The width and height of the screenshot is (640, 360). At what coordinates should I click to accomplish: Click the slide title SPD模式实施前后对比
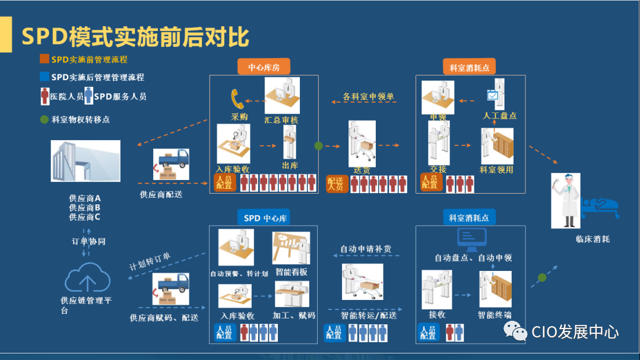(135, 37)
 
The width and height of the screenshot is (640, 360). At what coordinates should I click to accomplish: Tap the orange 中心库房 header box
(263, 67)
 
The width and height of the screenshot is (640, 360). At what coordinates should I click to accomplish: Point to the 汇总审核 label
(281, 119)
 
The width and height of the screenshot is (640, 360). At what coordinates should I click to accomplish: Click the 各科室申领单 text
(369, 96)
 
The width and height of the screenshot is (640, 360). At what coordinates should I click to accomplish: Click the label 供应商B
(84, 208)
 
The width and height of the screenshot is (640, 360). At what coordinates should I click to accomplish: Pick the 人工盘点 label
(499, 115)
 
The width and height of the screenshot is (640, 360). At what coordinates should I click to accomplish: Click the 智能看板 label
(291, 273)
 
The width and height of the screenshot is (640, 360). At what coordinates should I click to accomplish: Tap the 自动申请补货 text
(366, 249)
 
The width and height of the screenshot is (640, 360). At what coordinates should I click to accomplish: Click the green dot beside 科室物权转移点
(44, 119)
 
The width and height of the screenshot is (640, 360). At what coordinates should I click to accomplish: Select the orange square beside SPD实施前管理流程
(44, 59)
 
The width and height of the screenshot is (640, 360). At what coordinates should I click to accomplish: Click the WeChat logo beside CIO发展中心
(515, 331)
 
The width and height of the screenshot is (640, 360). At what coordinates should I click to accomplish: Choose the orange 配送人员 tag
(336, 184)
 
